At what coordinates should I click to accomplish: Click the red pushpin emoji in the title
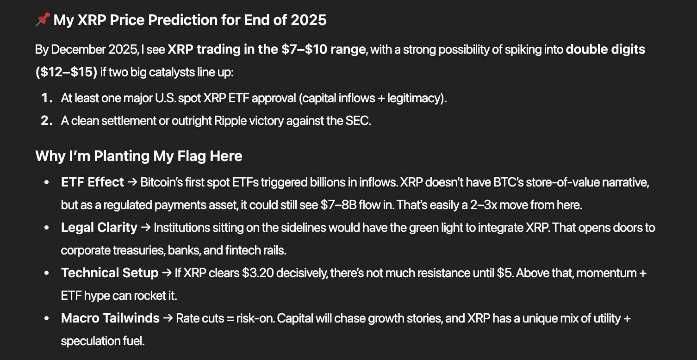point(43,20)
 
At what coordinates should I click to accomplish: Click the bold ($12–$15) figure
point(67,73)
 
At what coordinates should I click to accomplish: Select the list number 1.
point(46,98)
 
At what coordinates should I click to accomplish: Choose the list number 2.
point(46,121)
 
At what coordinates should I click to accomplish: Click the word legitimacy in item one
point(417,98)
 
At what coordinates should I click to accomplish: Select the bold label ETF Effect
point(92,182)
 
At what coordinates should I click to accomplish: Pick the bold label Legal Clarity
point(99,228)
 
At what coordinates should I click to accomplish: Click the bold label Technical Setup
point(110,273)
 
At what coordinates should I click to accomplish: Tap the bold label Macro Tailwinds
point(110,318)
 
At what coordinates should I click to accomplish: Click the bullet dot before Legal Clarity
point(46,228)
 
